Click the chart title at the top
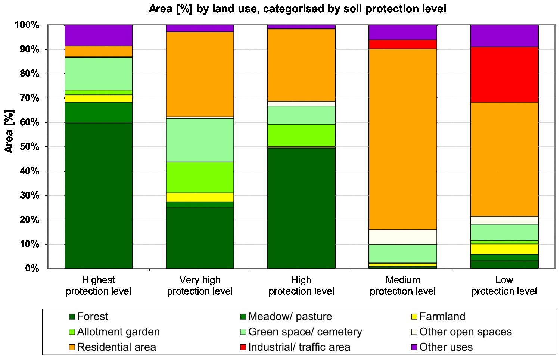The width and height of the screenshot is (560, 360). [297, 9]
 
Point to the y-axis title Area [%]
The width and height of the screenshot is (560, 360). [9, 131]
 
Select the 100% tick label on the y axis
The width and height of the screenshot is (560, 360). [27, 25]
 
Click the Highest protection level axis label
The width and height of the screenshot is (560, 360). [99, 286]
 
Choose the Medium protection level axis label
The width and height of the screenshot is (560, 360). [402, 286]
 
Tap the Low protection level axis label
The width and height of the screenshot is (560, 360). [504, 286]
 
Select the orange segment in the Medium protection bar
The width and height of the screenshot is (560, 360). [402, 139]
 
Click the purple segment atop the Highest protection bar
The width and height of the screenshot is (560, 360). [99, 35]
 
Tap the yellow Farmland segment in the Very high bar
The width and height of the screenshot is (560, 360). [200, 197]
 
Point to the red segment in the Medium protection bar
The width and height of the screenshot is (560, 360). [402, 44]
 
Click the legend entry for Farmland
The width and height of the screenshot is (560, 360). [442, 317]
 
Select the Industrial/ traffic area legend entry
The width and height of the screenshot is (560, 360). [299, 347]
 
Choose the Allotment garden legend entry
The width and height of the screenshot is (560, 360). [118, 332]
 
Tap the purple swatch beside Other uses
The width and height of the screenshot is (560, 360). [414, 348]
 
